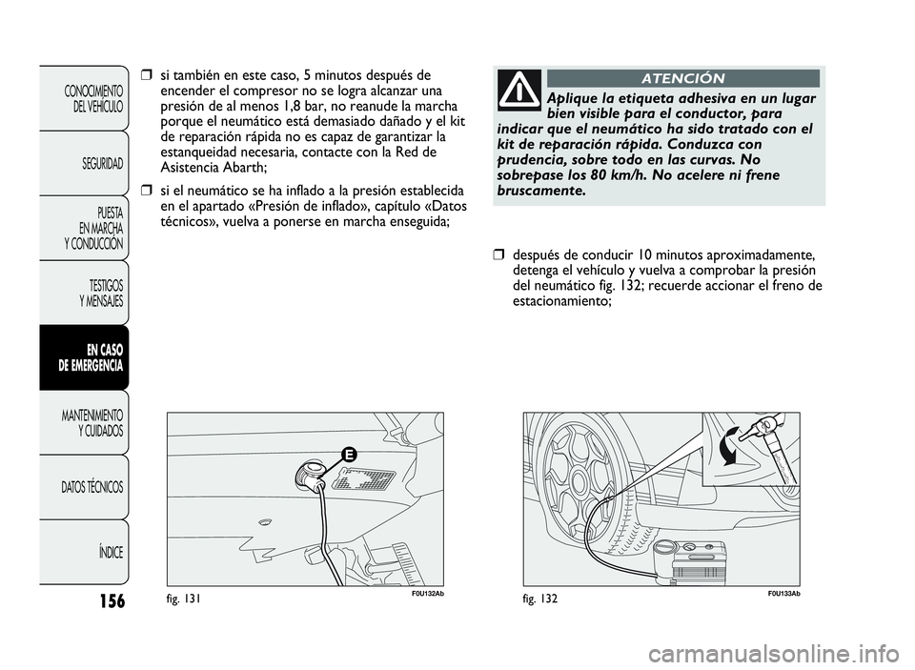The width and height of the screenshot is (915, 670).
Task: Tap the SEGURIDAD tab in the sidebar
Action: click(x=101, y=163)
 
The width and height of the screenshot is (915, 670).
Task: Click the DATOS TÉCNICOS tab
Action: click(x=92, y=487)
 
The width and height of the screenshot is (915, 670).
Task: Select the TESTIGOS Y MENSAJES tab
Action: click(x=100, y=293)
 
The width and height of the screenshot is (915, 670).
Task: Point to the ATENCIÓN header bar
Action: click(x=682, y=78)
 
